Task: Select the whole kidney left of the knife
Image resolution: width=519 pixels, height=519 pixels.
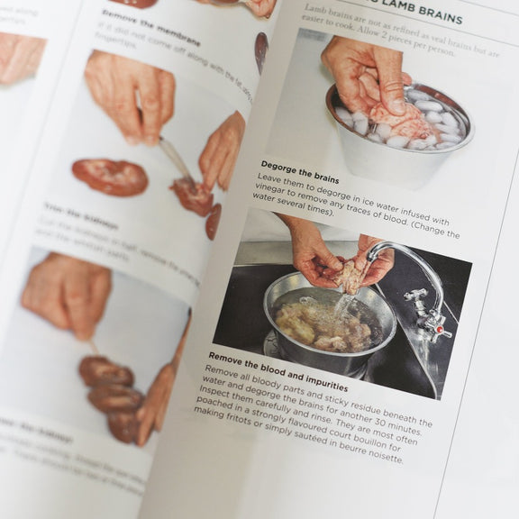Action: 110,177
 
